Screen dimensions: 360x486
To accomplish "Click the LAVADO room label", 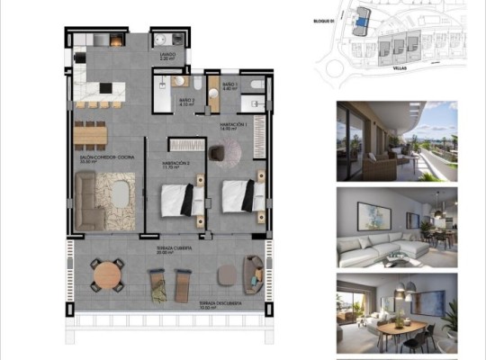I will coord(167,56).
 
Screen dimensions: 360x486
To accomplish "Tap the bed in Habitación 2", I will coord(182,199).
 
